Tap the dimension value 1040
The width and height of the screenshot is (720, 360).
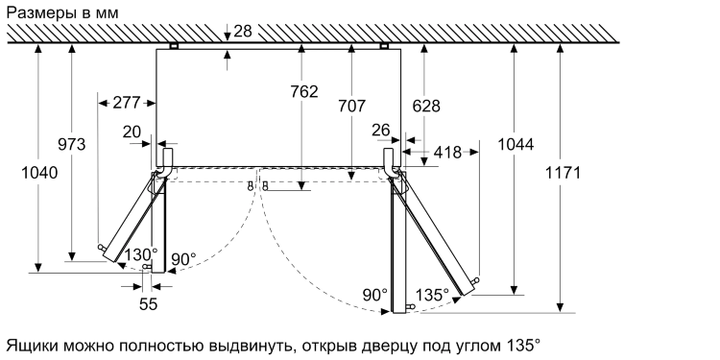click(x=39, y=174)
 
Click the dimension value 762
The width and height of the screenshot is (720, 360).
click(x=303, y=92)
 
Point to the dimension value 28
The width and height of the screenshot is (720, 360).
click(x=242, y=32)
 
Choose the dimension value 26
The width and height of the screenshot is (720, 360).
click(x=380, y=129)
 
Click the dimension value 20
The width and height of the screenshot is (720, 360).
click(x=132, y=132)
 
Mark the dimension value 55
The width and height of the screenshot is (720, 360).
click(x=148, y=304)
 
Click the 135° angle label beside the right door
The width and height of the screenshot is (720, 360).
click(x=432, y=295)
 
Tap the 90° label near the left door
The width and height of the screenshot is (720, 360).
click(x=183, y=259)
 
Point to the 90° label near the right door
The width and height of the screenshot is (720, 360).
click(x=375, y=295)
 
